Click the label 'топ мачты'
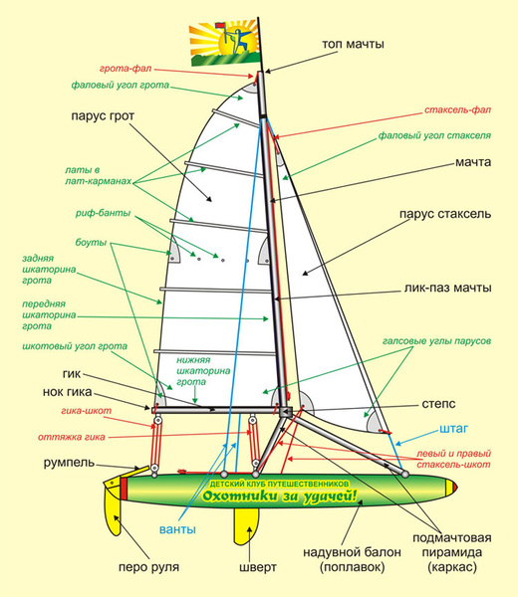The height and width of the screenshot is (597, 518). [353, 44]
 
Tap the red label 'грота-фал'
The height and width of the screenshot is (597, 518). [126, 69]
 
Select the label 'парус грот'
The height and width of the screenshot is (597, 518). [103, 115]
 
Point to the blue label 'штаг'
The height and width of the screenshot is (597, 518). [453, 428]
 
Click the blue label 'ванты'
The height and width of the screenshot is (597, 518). [177, 529]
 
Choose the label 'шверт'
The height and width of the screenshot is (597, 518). [258, 567]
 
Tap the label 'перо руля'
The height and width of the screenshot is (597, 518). [148, 567]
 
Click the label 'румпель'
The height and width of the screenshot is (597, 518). [69, 463]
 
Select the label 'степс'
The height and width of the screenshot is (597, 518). [438, 404]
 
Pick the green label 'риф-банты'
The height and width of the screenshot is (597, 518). [103, 213]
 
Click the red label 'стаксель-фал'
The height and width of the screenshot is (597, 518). [458, 110]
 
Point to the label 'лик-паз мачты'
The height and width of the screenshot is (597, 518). [447, 288]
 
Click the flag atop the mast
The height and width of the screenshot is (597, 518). [226, 44]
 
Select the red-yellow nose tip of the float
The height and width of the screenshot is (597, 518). [451, 487]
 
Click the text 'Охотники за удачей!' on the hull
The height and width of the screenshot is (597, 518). [280, 496]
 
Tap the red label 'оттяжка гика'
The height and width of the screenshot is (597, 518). [72, 437]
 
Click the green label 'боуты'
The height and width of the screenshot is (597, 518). [91, 243]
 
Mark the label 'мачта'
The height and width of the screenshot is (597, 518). [473, 162]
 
